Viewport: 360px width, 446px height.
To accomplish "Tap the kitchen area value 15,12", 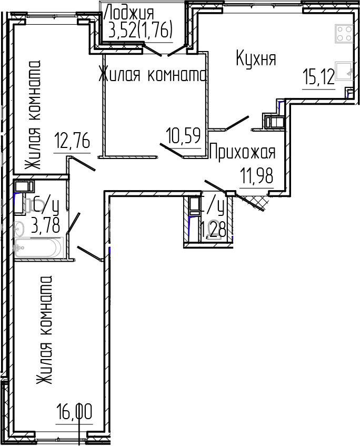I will [318, 78].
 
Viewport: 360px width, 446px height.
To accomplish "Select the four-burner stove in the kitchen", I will [344, 34].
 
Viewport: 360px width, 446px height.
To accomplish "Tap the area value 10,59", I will [184, 136].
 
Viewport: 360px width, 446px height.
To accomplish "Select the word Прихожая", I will [243, 153].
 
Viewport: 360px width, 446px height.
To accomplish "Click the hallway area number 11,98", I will [257, 175].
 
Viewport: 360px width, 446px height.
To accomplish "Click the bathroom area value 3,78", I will [46, 227].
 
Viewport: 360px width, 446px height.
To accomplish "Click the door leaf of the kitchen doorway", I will [237, 123].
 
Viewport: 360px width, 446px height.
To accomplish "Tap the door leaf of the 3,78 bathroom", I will [73, 223].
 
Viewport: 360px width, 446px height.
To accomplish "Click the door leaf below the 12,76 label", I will [83, 164].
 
